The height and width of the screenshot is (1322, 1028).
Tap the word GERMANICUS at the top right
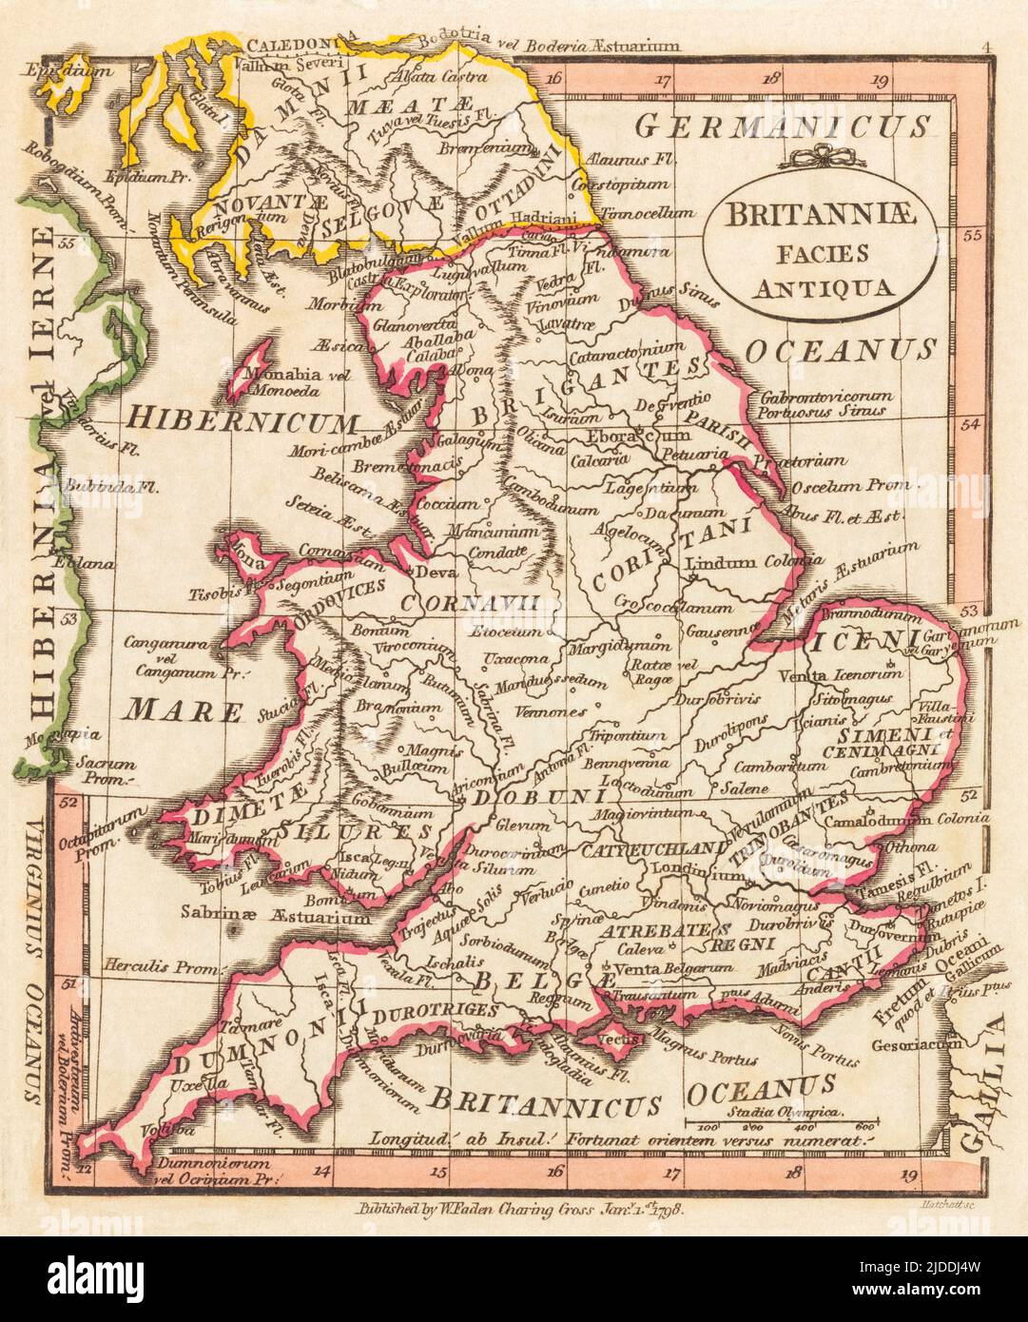(x=782, y=126)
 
